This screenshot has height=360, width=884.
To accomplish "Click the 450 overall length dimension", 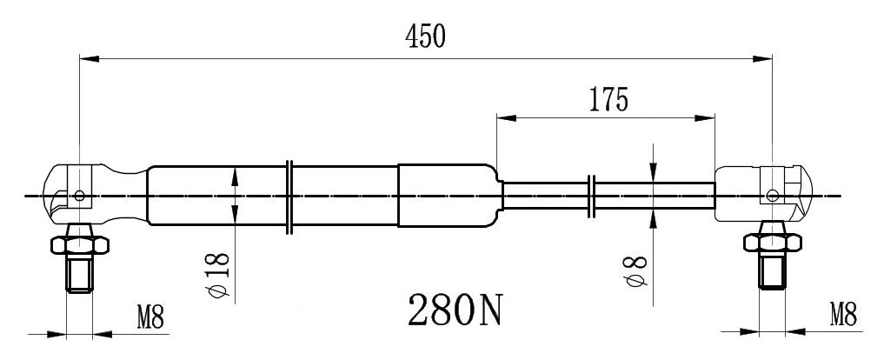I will (x=424, y=37).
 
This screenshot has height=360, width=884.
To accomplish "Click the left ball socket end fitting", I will (x=87, y=194).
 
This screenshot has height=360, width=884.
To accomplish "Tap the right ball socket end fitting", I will (x=765, y=194).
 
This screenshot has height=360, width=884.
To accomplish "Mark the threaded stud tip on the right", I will (x=771, y=277).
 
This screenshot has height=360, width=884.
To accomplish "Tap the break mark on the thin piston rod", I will (x=592, y=196).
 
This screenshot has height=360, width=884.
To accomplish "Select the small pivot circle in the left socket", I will (x=79, y=195).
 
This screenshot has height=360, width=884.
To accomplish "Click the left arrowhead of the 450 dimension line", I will (x=87, y=59).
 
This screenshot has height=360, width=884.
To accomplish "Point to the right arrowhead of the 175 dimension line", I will (x=708, y=118).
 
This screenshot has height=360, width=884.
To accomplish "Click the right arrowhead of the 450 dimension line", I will (x=764, y=59).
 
